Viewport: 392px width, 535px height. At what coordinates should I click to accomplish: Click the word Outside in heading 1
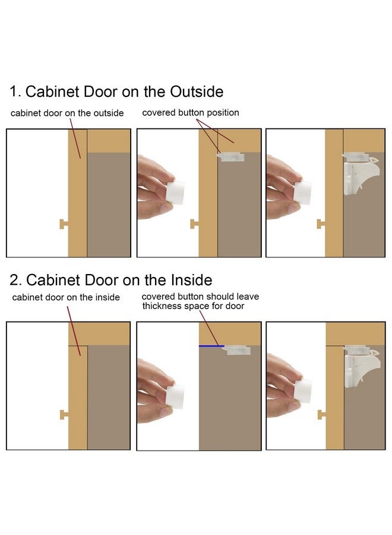point(197,92)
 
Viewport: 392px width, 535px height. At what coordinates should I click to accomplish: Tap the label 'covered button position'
point(191,112)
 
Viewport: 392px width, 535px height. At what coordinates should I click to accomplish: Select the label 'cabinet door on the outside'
point(67,113)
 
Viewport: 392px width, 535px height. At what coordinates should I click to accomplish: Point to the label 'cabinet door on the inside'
point(66,297)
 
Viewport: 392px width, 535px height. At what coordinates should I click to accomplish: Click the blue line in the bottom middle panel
point(211,346)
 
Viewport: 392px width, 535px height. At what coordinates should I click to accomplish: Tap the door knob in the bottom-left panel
point(64,414)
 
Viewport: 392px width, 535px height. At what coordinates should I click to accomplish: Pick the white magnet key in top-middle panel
point(176,193)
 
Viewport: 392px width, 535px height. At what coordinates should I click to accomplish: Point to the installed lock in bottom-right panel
point(361,366)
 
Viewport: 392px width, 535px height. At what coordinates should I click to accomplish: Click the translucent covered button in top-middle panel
point(230,156)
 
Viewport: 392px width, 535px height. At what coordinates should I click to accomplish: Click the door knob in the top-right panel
point(321,224)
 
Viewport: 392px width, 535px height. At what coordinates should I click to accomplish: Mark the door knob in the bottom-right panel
point(322,414)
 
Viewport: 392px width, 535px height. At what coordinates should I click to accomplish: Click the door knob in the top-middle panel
point(194,224)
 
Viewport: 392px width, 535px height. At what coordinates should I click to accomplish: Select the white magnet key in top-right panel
point(303,193)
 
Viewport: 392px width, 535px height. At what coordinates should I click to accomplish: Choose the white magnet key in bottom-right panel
point(303,391)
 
